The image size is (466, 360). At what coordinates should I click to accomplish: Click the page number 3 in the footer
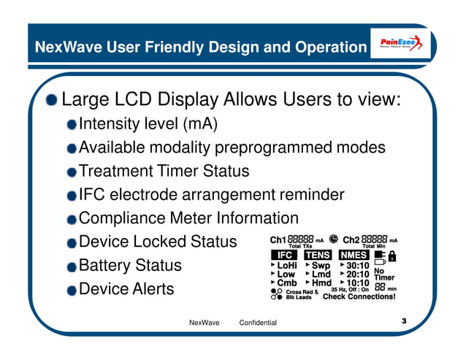click(x=403, y=321)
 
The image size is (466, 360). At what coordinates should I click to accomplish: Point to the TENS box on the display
click(x=317, y=255)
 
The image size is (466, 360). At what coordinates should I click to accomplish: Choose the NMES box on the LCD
click(x=354, y=255)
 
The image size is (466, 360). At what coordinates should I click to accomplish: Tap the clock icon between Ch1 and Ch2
click(x=334, y=239)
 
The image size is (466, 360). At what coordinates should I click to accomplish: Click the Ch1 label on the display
click(x=278, y=240)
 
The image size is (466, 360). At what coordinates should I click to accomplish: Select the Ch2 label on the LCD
click(x=351, y=240)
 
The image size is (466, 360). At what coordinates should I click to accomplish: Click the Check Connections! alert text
click(x=359, y=297)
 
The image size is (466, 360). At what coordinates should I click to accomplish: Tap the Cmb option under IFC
click(x=286, y=283)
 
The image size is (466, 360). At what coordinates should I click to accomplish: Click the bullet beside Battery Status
click(x=71, y=266)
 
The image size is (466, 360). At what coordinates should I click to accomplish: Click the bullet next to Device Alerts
click(x=71, y=290)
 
